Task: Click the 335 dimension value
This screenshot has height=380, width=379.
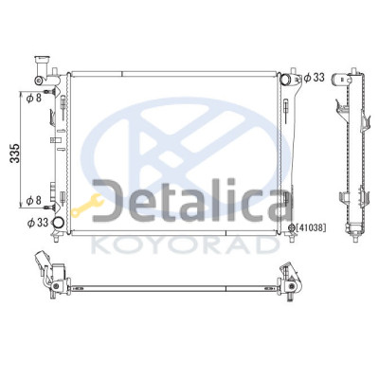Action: click(15, 154)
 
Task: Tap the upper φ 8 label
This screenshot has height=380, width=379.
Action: click(34, 98)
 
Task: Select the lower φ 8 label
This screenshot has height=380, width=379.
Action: click(34, 200)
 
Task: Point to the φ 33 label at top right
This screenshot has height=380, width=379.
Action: click(315, 78)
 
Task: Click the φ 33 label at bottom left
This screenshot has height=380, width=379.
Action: click(38, 223)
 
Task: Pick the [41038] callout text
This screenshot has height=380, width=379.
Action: click(311, 227)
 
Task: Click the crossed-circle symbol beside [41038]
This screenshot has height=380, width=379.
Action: click(292, 227)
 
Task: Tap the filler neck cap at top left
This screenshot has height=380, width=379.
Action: click(44, 59)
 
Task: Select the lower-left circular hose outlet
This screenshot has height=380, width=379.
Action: click(58, 223)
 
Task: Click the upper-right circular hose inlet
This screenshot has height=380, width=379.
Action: click(285, 78)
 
